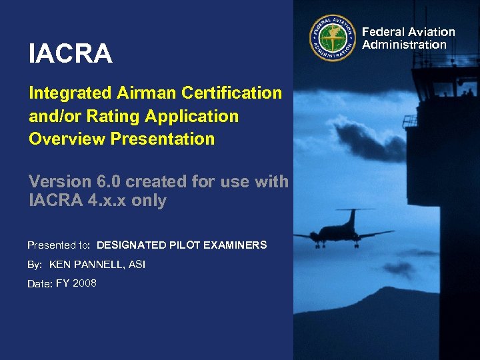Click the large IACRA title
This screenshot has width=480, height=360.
[71, 54]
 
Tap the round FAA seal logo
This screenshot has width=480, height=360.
[333, 38]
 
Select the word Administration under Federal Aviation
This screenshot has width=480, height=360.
[404, 45]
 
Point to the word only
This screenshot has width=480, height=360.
[149, 201]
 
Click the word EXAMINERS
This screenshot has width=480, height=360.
[235, 245]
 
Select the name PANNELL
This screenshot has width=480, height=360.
[101, 265]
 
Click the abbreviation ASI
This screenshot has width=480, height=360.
[137, 265]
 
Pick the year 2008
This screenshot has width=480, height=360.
[85, 283]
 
